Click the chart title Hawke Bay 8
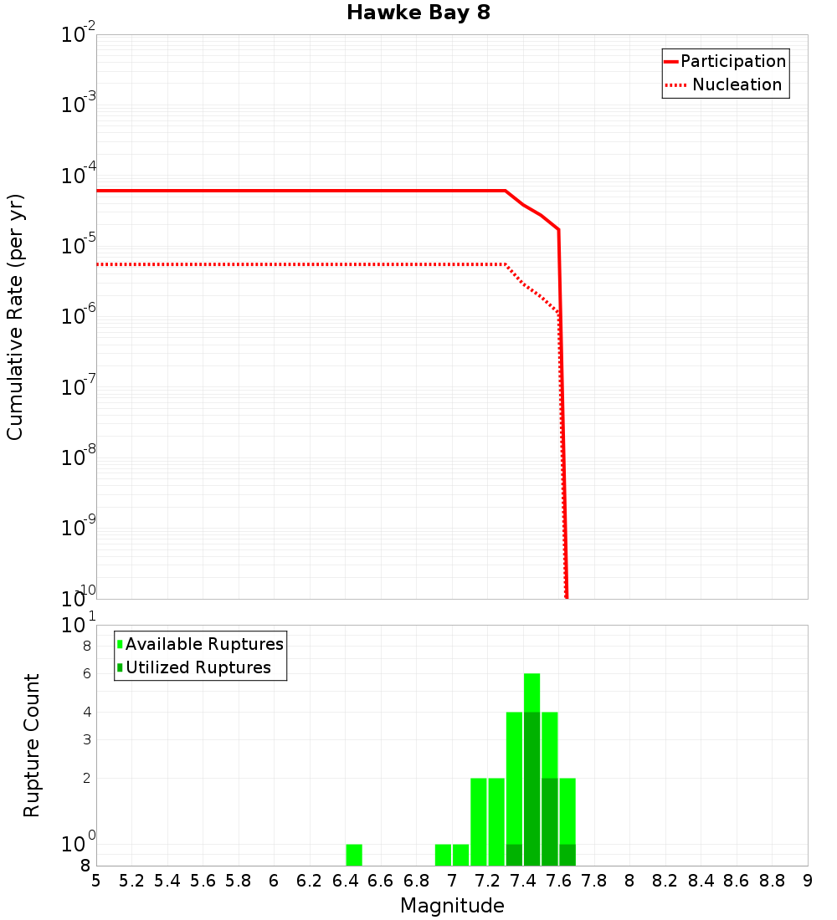(x=418, y=13)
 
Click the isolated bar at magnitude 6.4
(x=354, y=855)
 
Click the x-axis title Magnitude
(x=452, y=906)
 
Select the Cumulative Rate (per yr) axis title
(x=15, y=317)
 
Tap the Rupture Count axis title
(x=32, y=745)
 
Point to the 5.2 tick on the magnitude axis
(x=132, y=881)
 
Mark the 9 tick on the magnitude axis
(x=808, y=881)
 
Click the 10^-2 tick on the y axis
(x=79, y=36)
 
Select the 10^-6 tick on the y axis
(x=79, y=317)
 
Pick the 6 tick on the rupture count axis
(x=86, y=674)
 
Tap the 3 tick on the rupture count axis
(x=86, y=739)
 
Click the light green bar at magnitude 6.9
(x=444, y=855)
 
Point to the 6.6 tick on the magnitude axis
(x=381, y=881)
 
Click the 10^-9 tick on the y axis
(x=79, y=528)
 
